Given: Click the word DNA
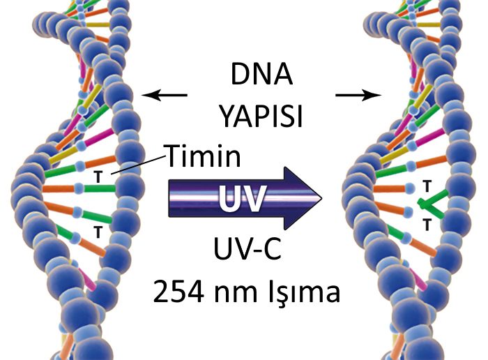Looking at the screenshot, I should [x=261, y=74].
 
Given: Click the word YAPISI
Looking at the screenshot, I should [x=262, y=116].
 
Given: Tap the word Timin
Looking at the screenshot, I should [x=203, y=156].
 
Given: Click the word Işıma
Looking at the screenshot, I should [x=306, y=294].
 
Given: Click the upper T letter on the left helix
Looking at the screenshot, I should [x=98, y=178].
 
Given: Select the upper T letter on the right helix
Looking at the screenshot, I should [x=425, y=186].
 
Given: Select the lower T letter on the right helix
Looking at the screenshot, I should [x=426, y=224].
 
